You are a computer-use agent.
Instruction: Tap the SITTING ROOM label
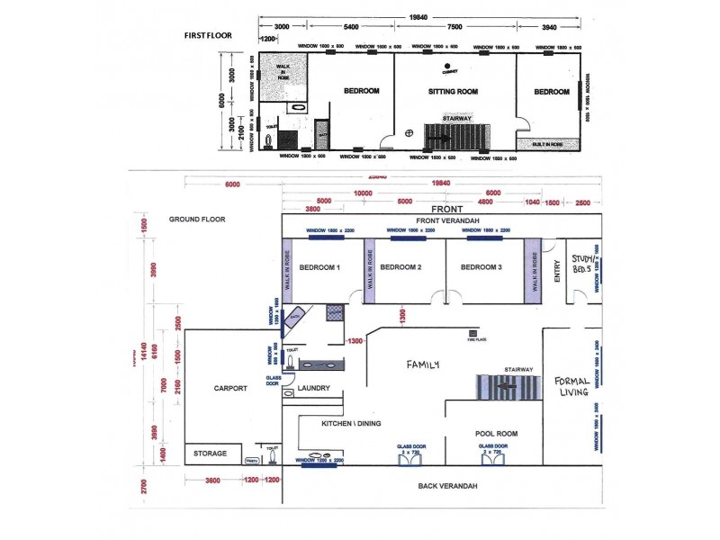point(453,91)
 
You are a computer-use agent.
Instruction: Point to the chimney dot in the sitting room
point(445,67)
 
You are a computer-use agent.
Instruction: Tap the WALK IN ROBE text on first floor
point(283,72)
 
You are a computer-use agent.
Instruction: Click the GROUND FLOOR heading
point(197,219)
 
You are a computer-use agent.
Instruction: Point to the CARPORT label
point(230,389)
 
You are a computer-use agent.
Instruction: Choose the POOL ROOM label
point(496,434)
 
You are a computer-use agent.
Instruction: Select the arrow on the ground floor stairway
point(506,387)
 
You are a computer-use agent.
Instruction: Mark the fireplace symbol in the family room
point(471,331)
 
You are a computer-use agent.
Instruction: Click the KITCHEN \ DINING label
point(336,422)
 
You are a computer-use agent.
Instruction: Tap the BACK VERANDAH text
point(447,486)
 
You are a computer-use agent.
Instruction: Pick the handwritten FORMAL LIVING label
point(572,385)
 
